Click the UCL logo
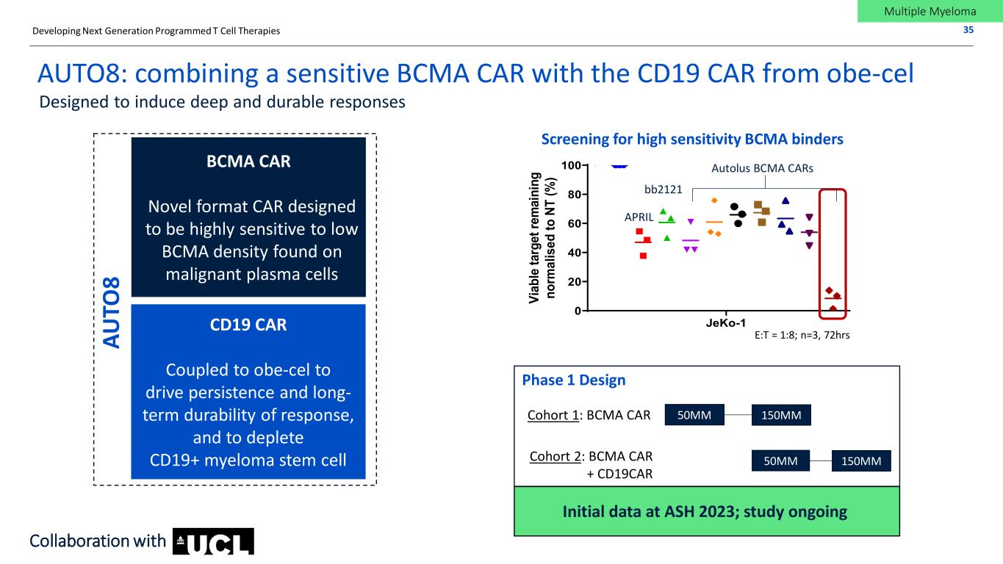[213, 542]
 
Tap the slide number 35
[968, 30]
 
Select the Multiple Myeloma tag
[930, 11]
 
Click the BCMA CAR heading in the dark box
[248, 161]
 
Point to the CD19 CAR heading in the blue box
[248, 325]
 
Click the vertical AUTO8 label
[112, 312]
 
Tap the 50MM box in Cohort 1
[694, 415]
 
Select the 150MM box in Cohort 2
[861, 461]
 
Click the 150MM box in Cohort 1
[781, 415]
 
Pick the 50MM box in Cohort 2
[780, 461]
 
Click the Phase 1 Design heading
[574, 380]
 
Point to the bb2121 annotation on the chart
[663, 189]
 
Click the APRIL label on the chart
[639, 217]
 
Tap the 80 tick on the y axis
[575, 195]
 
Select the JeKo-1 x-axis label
[726, 322]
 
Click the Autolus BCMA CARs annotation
[762, 168]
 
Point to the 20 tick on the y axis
[575, 281]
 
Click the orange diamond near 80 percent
[714, 200]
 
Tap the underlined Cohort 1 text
[553, 416]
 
